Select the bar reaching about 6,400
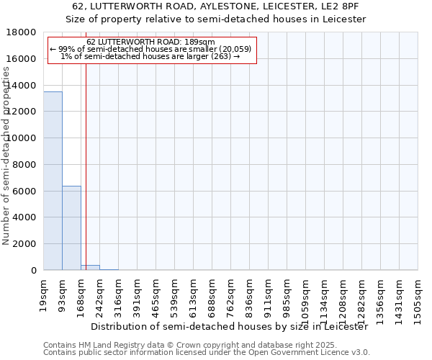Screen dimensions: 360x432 pyautogui.click(x=71, y=228)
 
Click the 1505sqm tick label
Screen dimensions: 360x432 pyautogui.click(x=418, y=294)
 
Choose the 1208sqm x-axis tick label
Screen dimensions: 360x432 pyautogui.click(x=343, y=294)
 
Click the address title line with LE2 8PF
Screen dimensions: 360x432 pyautogui.click(x=216, y=6)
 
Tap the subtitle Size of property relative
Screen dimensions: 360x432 pyautogui.click(x=216, y=19)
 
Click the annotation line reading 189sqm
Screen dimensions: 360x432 pyautogui.click(x=150, y=42)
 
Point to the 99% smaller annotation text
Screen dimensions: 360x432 pyautogui.click(x=150, y=49)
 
